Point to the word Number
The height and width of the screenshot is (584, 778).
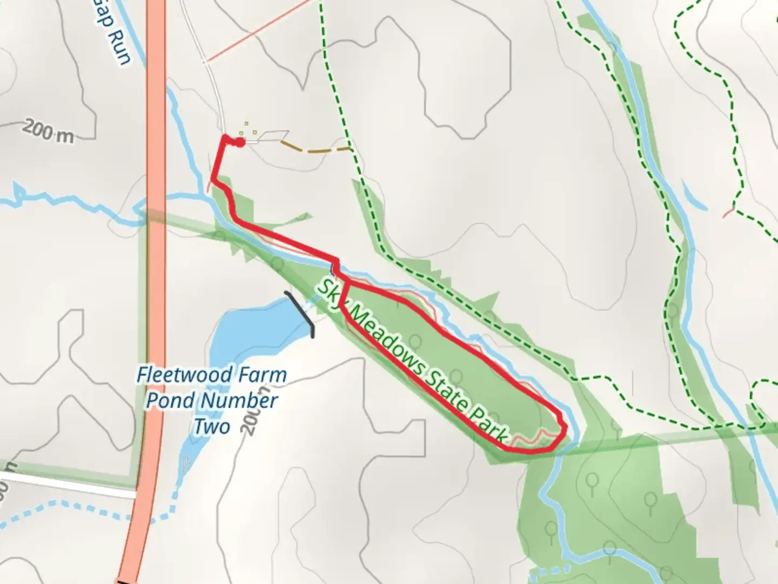coord(239,401)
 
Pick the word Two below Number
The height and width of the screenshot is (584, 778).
coord(212,427)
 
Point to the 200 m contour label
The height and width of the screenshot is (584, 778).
coord(49,132)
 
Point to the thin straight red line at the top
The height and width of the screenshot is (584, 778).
coord(259,30)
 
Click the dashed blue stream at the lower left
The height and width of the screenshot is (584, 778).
coord(81,508)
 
